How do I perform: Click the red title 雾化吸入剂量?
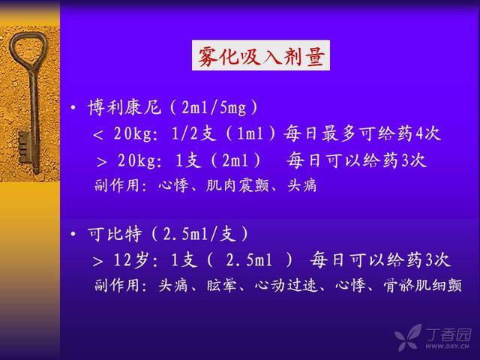click(x=261, y=55)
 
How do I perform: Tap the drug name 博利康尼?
click(x=124, y=108)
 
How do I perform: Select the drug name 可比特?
click(x=115, y=235)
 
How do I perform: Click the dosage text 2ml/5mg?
click(x=214, y=108)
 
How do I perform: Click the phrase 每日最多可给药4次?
click(x=362, y=133)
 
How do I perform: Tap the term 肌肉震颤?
click(x=238, y=185)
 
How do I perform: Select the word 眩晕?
click(x=222, y=285)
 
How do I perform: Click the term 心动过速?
click(x=286, y=285)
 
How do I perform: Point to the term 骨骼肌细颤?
click(x=423, y=285)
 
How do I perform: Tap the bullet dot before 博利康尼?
click(x=73, y=108)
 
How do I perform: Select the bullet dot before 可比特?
click(x=73, y=235)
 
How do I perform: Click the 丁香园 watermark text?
click(x=448, y=334)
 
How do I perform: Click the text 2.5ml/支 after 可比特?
click(x=199, y=235)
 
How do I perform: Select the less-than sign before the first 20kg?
click(x=98, y=135)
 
